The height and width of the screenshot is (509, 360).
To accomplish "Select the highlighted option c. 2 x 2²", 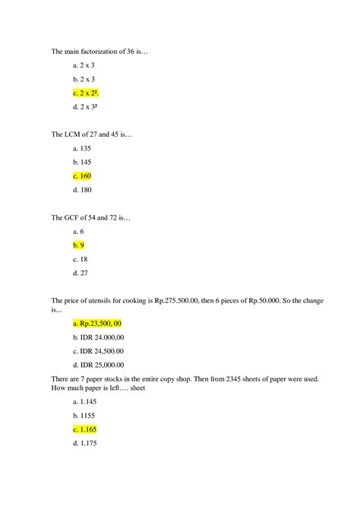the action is coord(87,93).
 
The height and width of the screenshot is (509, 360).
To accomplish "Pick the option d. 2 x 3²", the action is coord(87,106).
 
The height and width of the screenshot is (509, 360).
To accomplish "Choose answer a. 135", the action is coord(82,148).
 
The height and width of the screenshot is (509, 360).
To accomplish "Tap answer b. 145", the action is coord(82,162).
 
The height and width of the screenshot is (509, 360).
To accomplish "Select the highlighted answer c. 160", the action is coord(82,175).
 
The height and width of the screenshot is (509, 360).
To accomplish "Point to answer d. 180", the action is coord(82,189).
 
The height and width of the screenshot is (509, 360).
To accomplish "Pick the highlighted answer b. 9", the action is coord(78,245).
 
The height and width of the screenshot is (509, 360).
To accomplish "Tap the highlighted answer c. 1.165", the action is coord(84,428).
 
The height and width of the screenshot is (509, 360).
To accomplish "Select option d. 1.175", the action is coord(84,442).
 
